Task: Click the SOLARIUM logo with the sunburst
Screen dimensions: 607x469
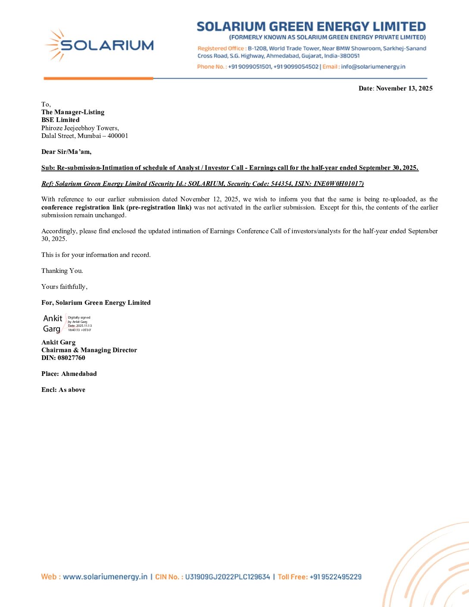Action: (x=99, y=45)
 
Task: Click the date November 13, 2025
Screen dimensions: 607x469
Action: (x=404, y=88)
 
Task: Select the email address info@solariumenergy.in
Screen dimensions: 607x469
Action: (x=373, y=67)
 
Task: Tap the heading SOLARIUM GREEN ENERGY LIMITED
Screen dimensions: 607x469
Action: (x=311, y=27)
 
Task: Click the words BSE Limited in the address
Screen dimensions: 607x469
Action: (x=60, y=120)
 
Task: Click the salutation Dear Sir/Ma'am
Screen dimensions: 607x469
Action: (x=66, y=152)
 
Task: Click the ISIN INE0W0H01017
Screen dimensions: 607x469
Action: (x=338, y=184)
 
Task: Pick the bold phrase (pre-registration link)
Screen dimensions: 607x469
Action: (x=159, y=207)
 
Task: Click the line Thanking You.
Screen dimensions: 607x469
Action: (x=62, y=271)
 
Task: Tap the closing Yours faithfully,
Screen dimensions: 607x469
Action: (x=64, y=287)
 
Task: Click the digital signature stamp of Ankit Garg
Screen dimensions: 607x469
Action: (x=67, y=323)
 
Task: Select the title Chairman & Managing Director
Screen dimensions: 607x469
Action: (x=89, y=350)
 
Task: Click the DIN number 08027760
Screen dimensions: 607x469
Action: (x=71, y=358)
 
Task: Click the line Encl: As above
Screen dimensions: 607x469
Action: (x=63, y=390)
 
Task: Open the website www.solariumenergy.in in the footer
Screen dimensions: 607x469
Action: (x=105, y=577)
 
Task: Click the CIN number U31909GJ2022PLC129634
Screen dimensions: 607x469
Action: (x=227, y=577)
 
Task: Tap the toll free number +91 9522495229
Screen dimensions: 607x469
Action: (x=335, y=577)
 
